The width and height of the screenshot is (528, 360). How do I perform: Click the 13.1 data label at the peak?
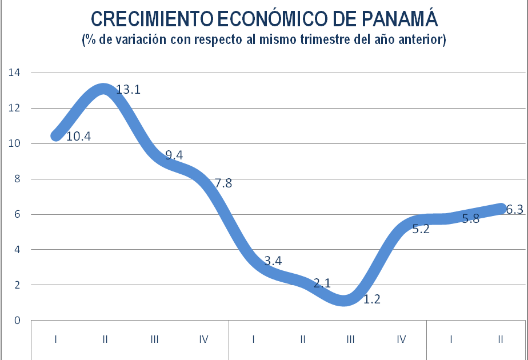129,90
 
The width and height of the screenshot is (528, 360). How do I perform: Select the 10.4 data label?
79,137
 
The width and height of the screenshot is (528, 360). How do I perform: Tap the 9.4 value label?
174,155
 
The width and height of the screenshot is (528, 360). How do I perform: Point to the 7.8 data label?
223,183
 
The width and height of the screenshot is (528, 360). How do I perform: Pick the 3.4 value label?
273,261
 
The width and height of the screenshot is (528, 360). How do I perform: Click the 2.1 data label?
322,282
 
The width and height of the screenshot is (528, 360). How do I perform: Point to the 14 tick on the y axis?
13,73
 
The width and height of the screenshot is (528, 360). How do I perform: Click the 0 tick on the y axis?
17,320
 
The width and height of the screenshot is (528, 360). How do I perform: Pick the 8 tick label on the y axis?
17,179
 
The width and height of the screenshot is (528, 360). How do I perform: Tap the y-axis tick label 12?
13,108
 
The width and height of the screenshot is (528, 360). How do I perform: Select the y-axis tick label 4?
17,250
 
